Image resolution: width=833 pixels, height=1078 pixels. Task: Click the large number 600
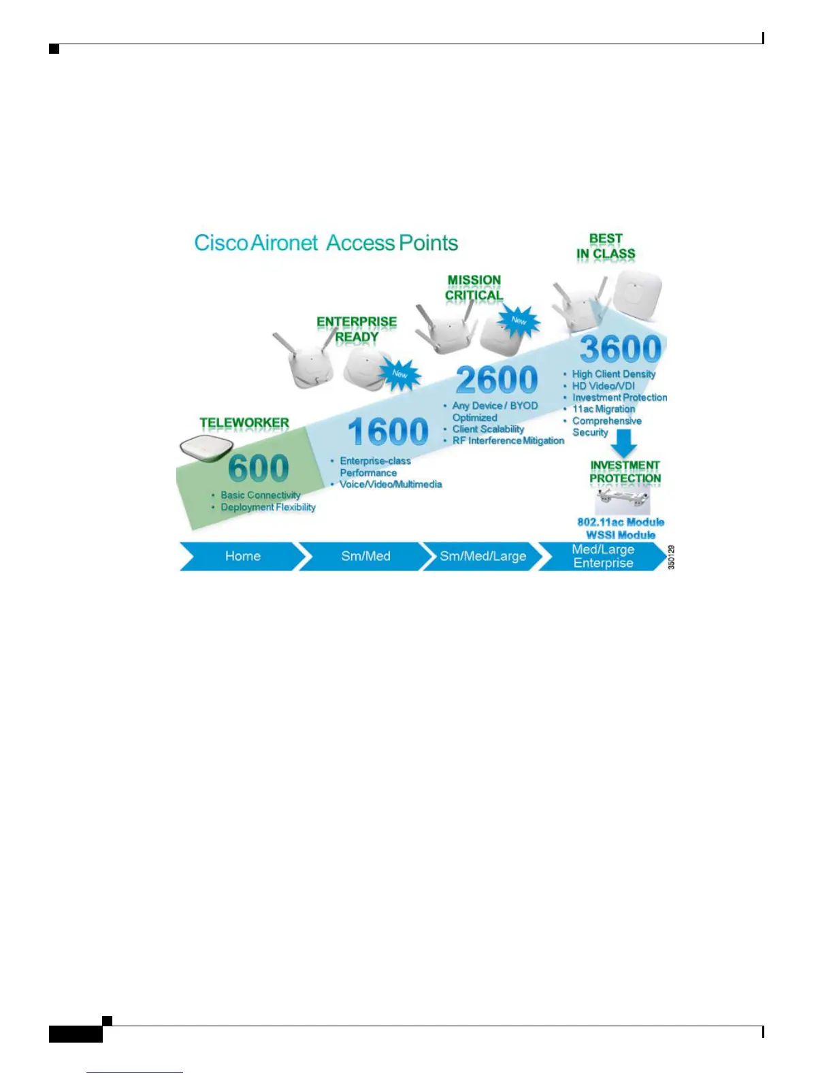click(x=259, y=468)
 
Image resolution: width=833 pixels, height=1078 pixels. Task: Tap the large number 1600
click(x=388, y=431)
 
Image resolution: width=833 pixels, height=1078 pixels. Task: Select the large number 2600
click(x=497, y=380)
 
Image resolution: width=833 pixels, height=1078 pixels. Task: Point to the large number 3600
click(x=620, y=350)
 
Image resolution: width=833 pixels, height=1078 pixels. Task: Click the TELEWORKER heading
click(x=244, y=423)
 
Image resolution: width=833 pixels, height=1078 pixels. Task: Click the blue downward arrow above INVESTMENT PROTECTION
click(x=623, y=444)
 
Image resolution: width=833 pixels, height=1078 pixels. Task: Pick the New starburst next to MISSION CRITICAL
click(x=519, y=320)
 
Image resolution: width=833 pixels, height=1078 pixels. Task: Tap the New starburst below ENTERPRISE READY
click(x=399, y=374)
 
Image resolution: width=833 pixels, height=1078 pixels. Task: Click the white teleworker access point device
click(x=206, y=447)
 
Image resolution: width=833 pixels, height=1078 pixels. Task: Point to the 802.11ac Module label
click(x=621, y=522)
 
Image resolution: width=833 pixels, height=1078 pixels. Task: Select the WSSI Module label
click(x=621, y=535)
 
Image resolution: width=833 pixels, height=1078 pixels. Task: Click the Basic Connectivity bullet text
click(x=260, y=495)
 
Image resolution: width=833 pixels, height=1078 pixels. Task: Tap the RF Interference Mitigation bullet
click(x=508, y=440)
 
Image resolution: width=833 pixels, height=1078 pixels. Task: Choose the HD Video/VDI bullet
click(x=603, y=386)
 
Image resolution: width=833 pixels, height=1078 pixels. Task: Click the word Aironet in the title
click(x=284, y=243)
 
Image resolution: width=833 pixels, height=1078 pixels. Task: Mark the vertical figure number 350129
click(x=671, y=557)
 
